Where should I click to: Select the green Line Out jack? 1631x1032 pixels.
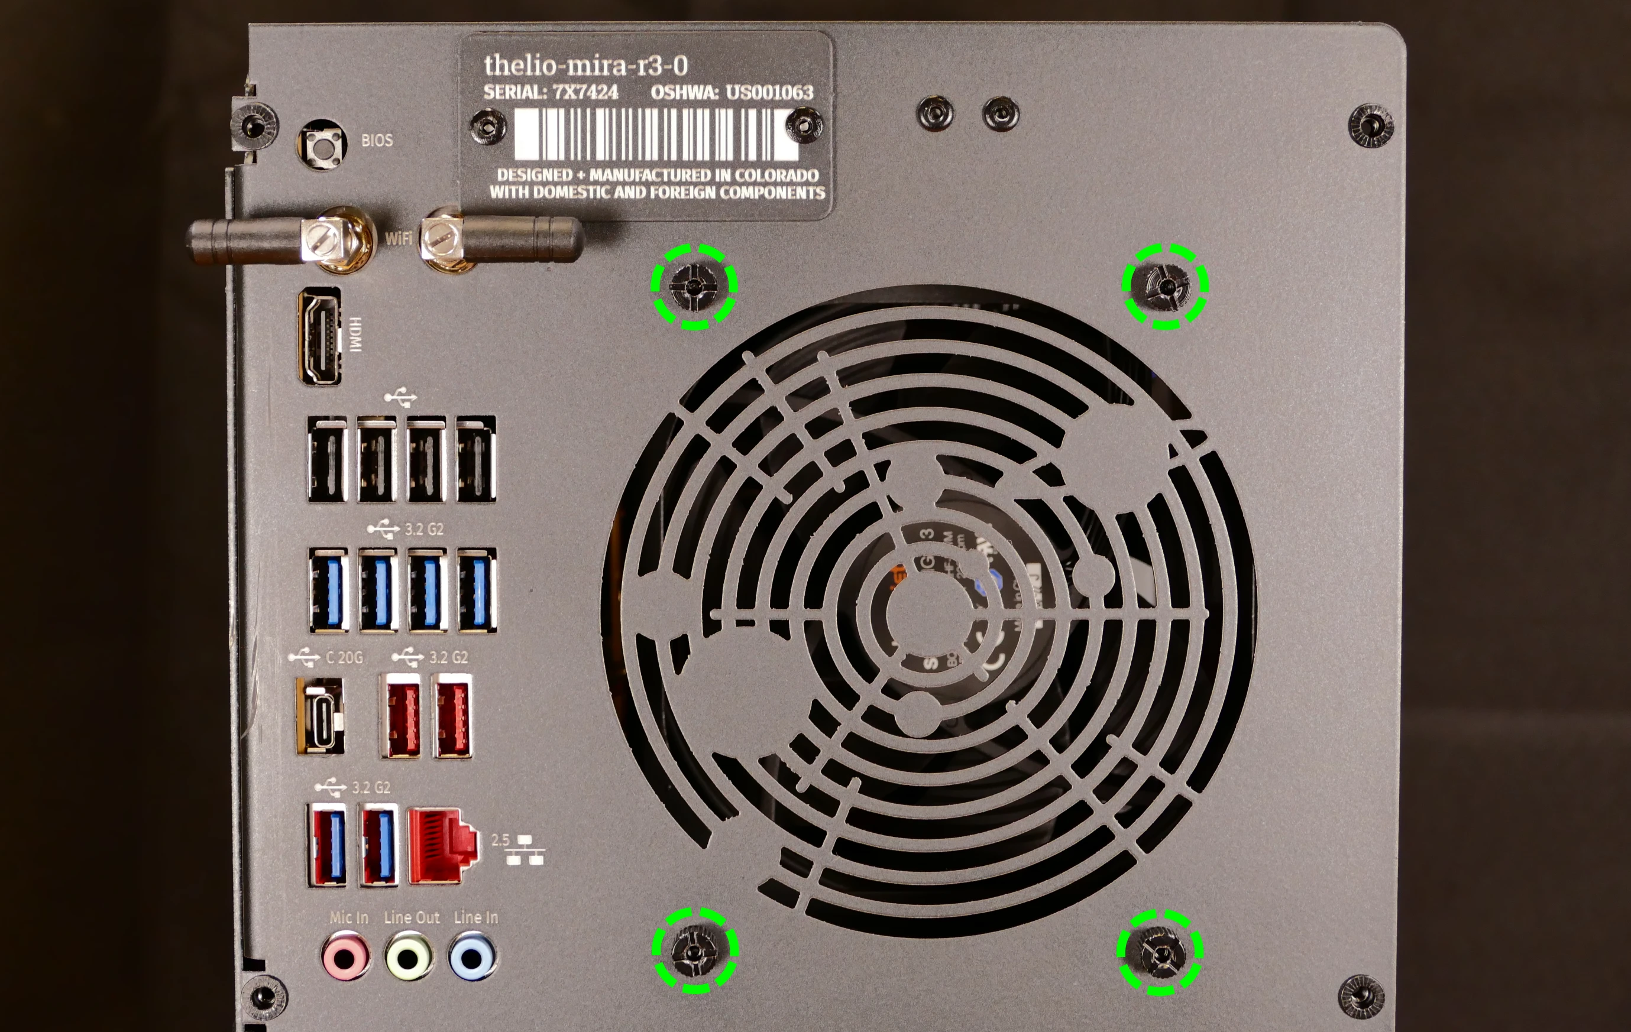coord(409,957)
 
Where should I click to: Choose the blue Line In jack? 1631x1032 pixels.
coord(472,957)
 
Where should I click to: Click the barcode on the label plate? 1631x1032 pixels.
coord(654,134)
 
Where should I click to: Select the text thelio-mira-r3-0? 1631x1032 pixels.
coord(586,66)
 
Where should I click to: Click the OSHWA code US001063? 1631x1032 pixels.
coord(769,92)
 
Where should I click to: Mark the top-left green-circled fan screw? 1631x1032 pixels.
coord(694,287)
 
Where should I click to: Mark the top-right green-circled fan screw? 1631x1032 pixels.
coord(1165,287)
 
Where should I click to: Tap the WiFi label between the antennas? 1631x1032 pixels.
coord(398,238)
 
